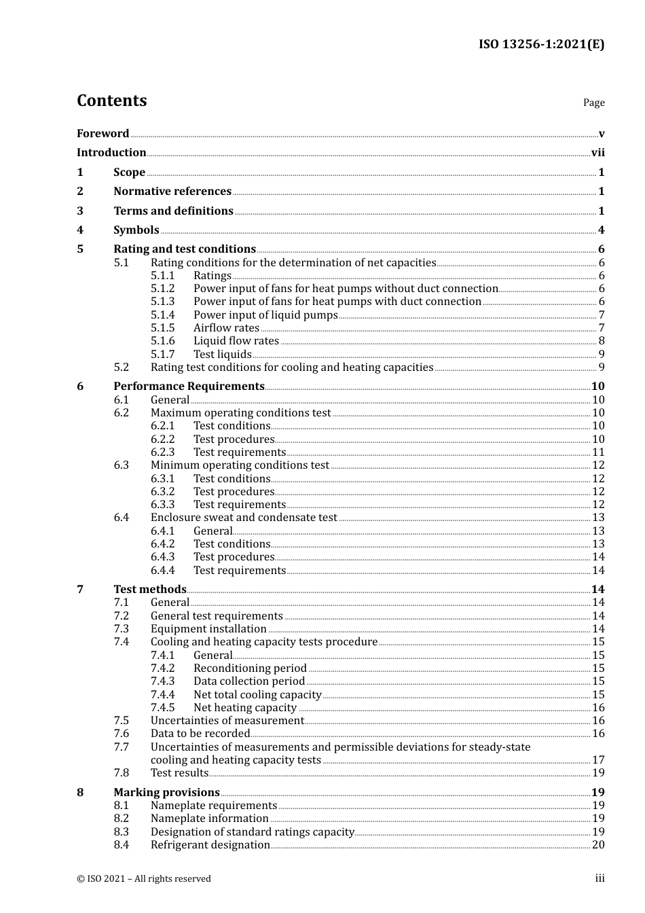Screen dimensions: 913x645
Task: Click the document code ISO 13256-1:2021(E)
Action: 541,45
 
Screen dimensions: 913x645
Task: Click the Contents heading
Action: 111,101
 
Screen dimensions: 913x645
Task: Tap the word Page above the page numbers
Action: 593,103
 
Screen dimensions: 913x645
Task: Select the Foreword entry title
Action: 103,134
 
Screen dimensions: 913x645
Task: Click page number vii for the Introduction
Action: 597,153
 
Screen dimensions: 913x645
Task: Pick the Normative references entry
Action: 172,192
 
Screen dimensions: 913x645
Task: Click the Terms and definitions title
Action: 173,211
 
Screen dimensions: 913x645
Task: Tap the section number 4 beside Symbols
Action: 80,230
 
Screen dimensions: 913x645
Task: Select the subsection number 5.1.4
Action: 162,315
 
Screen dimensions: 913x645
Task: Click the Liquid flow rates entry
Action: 236,341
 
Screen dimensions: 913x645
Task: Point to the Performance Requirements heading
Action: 189,387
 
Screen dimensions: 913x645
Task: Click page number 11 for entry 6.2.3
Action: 598,452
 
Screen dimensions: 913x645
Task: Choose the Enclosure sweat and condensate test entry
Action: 244,518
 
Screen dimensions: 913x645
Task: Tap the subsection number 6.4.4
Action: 162,571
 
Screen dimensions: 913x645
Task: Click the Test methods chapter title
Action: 149,590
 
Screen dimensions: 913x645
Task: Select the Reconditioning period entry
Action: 250,668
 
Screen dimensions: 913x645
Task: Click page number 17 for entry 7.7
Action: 598,760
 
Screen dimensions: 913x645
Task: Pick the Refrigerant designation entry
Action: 210,845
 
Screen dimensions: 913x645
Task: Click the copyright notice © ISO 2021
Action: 144,879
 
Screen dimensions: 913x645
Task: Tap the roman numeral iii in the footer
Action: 600,878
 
